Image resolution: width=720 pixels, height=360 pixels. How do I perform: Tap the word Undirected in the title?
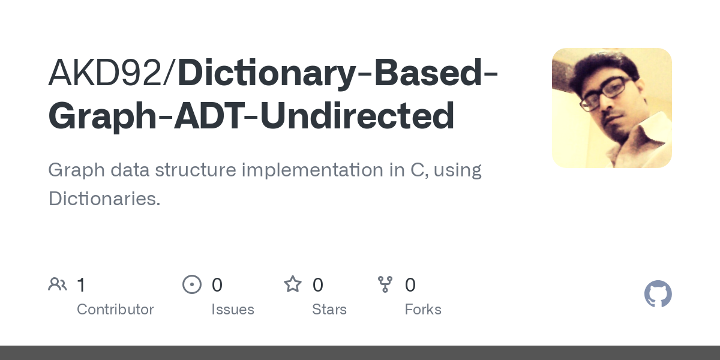358,116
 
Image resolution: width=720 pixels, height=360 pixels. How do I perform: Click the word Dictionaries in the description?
104,199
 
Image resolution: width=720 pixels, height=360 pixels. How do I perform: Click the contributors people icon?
58,284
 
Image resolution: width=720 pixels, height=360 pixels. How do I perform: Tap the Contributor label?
115,310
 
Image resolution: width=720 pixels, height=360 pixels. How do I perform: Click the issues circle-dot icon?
192,284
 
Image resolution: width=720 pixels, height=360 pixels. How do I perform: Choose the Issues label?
233,310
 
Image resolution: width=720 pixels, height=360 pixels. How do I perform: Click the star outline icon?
293,284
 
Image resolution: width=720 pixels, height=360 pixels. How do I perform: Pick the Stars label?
329,310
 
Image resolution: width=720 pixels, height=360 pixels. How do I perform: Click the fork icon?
385,284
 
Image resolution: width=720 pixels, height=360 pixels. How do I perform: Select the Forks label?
423,310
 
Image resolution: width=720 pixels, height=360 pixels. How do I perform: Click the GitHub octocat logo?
658,294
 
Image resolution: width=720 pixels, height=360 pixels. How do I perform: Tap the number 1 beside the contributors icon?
81,284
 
